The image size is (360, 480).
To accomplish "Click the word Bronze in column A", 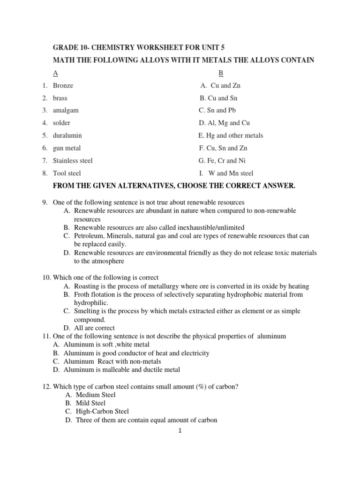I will (x=63, y=86).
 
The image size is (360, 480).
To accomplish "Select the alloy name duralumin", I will (x=67, y=135).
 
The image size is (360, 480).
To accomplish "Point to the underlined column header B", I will (x=221, y=73).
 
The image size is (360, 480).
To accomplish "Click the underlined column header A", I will (x=55, y=73).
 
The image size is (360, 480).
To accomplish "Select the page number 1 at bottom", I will (x=180, y=432).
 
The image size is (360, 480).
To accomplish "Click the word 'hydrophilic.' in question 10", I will (x=91, y=303).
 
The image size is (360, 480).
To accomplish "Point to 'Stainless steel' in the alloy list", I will (x=73, y=160).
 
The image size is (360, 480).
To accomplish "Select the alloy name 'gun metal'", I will (x=67, y=148).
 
